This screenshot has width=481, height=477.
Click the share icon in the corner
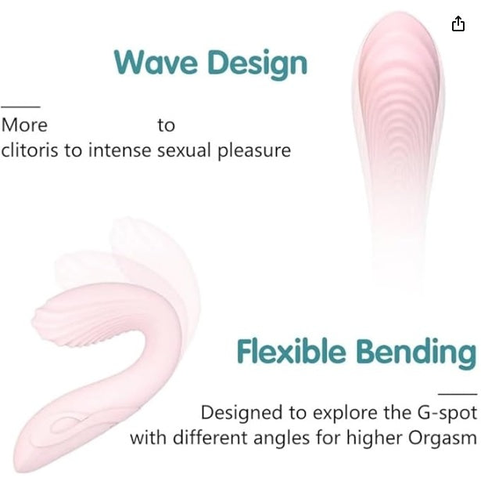(x=458, y=24)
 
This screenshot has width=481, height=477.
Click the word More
(x=24, y=125)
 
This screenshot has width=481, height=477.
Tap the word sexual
(x=184, y=150)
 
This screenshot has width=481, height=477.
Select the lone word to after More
(x=166, y=125)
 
